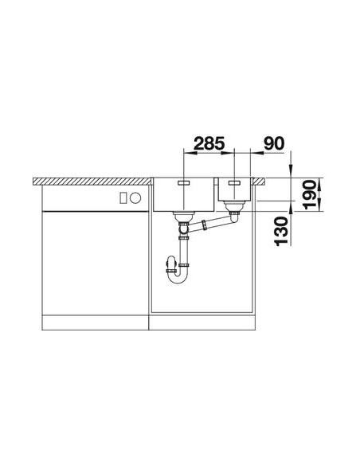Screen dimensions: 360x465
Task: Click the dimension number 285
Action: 209,143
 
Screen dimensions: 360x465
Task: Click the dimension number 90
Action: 274,143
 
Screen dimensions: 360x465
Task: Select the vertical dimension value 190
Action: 310,194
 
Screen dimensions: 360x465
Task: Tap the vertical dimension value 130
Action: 281,232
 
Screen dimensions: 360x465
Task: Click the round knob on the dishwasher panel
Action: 135,197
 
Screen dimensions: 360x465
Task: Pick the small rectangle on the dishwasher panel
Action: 123,197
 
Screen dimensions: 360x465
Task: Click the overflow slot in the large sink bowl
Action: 184,183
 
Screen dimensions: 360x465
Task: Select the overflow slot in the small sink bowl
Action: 234,183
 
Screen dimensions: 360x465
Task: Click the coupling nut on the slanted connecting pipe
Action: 204,225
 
